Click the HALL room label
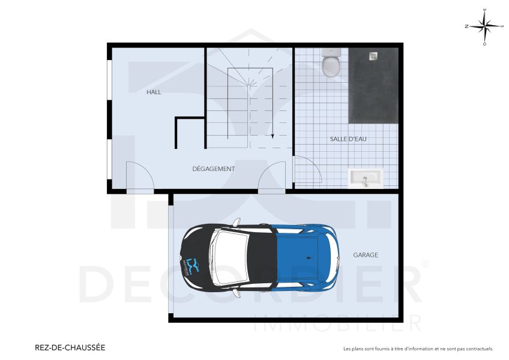(x=154, y=92)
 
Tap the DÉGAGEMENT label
(x=213, y=169)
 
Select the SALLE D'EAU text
(x=348, y=139)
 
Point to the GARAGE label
(x=366, y=255)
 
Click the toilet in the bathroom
(x=331, y=64)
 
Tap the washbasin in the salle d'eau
(x=366, y=178)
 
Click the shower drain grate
(x=373, y=56)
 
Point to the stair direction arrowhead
(x=273, y=136)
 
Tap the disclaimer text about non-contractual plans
(x=418, y=349)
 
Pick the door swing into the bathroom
(x=306, y=170)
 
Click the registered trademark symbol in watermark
(x=426, y=263)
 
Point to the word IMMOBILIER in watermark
(x=337, y=325)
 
